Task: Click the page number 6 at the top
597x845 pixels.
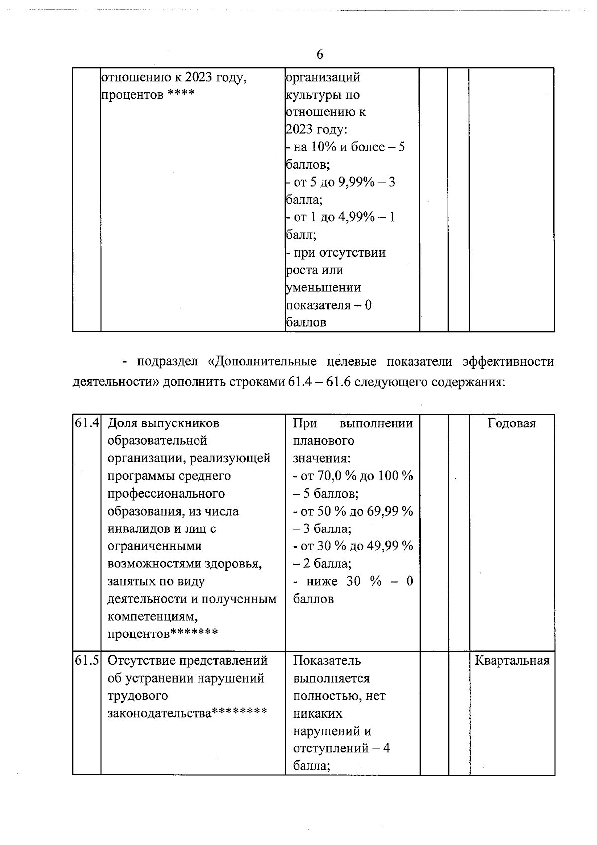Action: point(319,54)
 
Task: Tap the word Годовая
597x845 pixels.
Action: point(511,423)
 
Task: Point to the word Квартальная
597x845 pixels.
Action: point(512,661)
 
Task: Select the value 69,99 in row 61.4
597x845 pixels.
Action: point(383,511)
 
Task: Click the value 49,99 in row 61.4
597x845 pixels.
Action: point(383,546)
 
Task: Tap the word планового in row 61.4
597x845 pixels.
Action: point(323,441)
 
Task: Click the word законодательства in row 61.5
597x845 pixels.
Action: point(159,713)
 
